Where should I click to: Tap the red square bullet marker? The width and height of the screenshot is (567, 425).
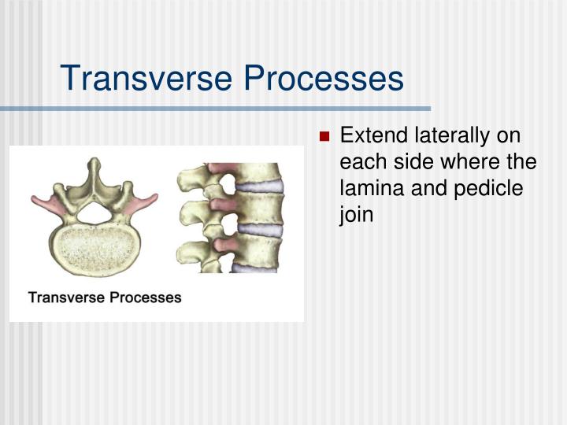tap(324, 136)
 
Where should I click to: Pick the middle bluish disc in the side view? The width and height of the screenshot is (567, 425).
tap(259, 229)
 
